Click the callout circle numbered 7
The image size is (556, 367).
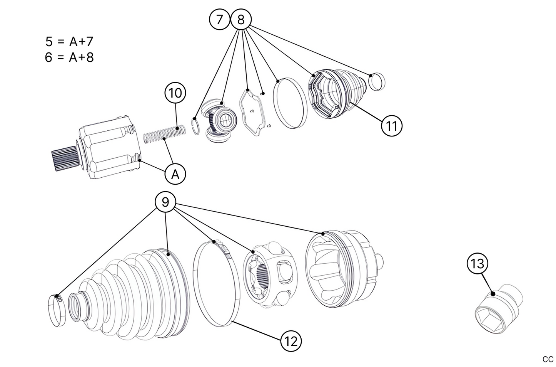click(x=220, y=19)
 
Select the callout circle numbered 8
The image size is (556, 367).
click(x=241, y=19)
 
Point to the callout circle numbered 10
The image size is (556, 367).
click(x=175, y=93)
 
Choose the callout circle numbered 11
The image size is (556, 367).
click(x=391, y=126)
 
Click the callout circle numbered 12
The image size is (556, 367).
click(x=291, y=341)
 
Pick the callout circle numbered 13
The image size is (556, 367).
click(x=477, y=264)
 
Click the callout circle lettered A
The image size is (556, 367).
click(x=175, y=175)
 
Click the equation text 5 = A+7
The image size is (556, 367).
click(x=69, y=41)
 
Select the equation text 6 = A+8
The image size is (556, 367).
click(x=69, y=57)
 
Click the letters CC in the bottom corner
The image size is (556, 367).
click(x=548, y=359)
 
